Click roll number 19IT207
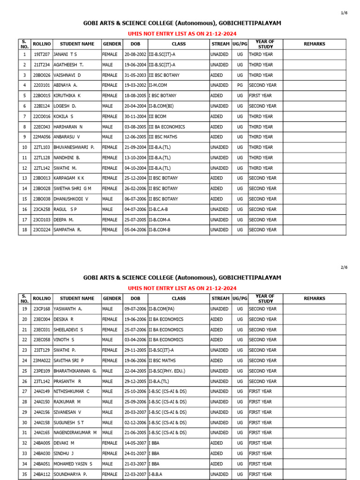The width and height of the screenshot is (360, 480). pos(41,54)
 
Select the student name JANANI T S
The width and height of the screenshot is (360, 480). pos(65,54)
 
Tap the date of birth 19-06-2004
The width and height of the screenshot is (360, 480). pos(135,65)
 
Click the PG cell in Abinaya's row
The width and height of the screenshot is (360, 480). pos(240,85)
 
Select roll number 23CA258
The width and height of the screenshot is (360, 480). pos(41,209)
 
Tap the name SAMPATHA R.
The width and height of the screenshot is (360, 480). pos(67,230)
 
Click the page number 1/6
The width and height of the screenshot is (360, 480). pos(344,13)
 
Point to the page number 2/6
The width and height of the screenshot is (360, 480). pos(344,267)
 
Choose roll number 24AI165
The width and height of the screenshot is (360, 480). pos(41,433)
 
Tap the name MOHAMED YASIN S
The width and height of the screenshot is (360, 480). pos(73,464)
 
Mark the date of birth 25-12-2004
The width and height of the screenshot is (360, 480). pos(135,178)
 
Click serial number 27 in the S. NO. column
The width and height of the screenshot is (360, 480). pos(24,391)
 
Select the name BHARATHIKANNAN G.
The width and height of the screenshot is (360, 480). pos(75,371)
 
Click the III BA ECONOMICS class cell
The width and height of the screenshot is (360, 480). pos(167,127)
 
